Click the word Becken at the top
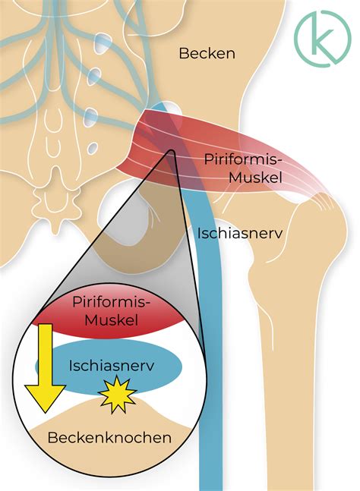click(x=207, y=53)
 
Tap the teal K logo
click(x=323, y=38)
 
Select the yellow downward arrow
click(x=46, y=368)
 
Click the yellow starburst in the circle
click(x=117, y=395)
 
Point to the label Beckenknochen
click(x=109, y=437)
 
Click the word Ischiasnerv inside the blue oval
click(x=112, y=366)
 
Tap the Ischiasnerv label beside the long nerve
click(x=240, y=233)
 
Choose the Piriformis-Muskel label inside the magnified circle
click(x=112, y=311)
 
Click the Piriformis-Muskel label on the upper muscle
click(x=243, y=168)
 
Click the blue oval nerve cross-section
click(x=109, y=367)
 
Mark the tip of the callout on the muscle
click(x=172, y=150)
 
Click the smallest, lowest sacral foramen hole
click(x=93, y=147)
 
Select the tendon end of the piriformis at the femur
click(x=323, y=200)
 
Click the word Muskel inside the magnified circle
click(x=112, y=320)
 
